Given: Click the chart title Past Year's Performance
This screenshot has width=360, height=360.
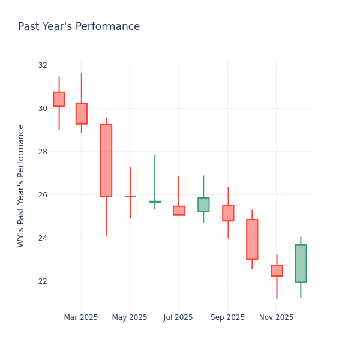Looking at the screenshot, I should point(79,27).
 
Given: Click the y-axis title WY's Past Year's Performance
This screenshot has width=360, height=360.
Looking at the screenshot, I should point(22,185).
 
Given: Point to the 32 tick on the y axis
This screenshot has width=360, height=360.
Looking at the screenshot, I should point(42,65).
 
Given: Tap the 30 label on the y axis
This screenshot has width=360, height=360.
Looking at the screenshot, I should point(42,108).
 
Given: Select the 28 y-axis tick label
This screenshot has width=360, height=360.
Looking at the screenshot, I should point(42,151).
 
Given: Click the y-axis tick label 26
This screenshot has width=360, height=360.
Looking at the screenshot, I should point(42,194).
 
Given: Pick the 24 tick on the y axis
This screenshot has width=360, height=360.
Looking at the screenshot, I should point(42,238).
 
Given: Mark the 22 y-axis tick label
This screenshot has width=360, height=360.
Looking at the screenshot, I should point(42,281).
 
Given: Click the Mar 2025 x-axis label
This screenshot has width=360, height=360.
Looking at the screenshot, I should point(81,317).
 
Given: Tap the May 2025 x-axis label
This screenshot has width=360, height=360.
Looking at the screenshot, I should point(130,317).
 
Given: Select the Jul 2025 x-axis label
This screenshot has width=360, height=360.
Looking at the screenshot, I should point(178,317).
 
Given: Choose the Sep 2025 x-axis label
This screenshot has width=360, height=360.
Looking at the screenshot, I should point(227,317).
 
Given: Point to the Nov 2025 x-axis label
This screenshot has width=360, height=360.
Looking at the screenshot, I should point(277,317).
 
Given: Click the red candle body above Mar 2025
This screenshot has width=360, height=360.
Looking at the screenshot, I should point(82,113).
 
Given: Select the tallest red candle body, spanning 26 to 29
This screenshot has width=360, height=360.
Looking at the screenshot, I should point(106,160).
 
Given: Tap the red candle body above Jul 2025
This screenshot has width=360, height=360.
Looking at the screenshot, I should point(179,211).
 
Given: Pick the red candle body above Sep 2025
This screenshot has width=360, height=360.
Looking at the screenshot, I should point(228,213).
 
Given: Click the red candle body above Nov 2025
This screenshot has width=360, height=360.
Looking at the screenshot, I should point(277,271).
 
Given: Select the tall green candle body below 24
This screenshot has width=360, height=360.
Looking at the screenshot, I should point(301,263).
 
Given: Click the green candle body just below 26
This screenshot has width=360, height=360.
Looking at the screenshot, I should point(203,205).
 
